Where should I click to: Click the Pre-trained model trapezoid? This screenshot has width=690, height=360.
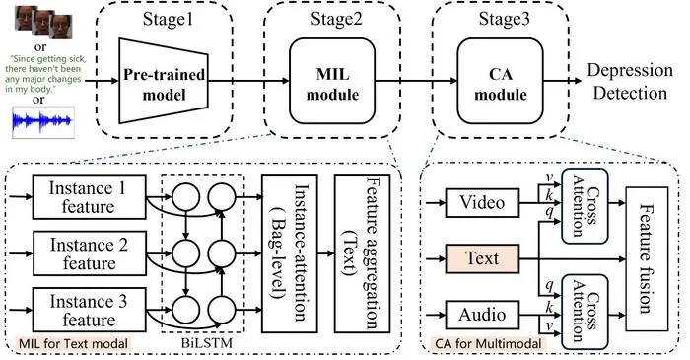(x=164, y=81)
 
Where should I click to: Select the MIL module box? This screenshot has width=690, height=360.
(x=332, y=81)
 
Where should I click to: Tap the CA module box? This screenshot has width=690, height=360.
(x=501, y=81)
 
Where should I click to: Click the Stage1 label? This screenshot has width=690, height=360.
(x=168, y=20)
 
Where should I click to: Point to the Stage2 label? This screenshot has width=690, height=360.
(x=336, y=20)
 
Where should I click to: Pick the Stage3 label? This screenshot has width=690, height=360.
(x=505, y=20)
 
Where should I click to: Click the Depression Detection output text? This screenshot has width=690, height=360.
(x=630, y=82)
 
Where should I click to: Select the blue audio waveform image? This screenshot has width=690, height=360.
(x=43, y=122)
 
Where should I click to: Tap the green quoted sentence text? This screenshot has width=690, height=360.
(x=44, y=74)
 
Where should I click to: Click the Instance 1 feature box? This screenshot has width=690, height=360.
(x=89, y=196)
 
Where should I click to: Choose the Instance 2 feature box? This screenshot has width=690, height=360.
(x=89, y=253)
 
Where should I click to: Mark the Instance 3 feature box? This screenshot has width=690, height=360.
(x=89, y=310)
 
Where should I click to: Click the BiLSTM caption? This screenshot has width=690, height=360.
(x=206, y=343)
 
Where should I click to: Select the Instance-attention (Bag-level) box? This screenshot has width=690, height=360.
(x=289, y=253)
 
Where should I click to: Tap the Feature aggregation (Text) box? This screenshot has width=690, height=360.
(x=362, y=253)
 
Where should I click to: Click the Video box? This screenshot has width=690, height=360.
(x=482, y=203)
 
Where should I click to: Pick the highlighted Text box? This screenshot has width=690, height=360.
(x=482, y=258)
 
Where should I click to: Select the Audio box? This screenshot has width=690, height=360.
(x=482, y=315)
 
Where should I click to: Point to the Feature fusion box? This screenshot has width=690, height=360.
(x=647, y=258)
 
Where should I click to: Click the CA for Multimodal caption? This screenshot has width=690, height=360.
(x=489, y=343)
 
